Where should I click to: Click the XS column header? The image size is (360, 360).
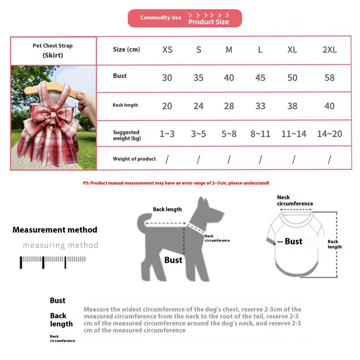(167, 50)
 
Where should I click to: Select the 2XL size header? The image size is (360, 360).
(329, 50)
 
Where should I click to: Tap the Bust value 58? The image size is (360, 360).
(329, 78)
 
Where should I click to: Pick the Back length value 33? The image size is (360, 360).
(260, 106)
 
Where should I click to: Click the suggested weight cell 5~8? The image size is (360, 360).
(229, 134)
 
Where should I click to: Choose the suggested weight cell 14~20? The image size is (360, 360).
(329, 134)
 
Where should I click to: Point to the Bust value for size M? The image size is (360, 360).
(229, 78)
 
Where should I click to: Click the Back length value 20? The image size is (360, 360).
(167, 106)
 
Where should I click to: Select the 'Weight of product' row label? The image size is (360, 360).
(134, 159)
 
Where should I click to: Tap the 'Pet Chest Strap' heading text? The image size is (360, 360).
(53, 45)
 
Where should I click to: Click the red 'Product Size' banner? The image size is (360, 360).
(185, 18)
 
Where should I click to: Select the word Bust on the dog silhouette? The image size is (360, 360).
(173, 260)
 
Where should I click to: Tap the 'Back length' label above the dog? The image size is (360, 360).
(167, 209)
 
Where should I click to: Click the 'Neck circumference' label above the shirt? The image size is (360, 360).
(295, 200)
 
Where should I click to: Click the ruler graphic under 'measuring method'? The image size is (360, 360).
(52, 261)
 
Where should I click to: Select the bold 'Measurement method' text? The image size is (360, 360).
(55, 229)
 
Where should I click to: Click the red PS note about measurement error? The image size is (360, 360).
(176, 183)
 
